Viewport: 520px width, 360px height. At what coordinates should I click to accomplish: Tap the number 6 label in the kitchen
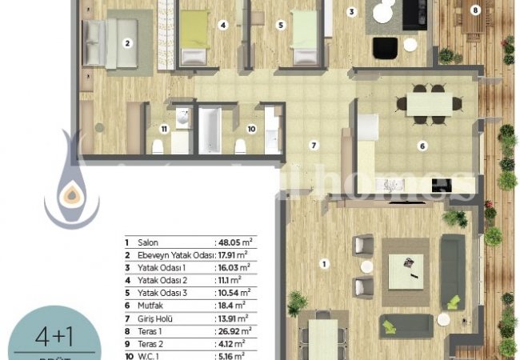pos(422,146)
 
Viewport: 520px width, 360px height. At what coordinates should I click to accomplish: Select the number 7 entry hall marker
pos(314,146)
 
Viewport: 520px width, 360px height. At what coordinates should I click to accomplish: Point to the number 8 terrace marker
pos(476,10)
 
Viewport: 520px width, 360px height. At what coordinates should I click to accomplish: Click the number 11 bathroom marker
pos(163,128)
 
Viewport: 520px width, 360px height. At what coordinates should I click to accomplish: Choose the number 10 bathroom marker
pos(250,128)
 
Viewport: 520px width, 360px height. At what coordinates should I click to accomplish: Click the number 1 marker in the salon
pos(323,263)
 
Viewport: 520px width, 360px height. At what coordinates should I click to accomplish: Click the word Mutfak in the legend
pos(151,306)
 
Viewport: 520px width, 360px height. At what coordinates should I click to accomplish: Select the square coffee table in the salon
pos(406,271)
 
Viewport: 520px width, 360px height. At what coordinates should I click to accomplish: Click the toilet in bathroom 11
pos(158,146)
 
